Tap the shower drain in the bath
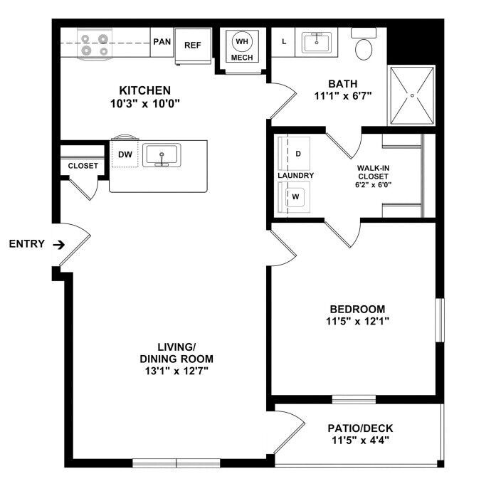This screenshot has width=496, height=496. tap(412, 95)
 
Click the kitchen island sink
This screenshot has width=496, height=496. tap(162, 155)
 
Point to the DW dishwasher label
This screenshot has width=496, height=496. tap(125, 154)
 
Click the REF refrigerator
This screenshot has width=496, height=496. tap(193, 46)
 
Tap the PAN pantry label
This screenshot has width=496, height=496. tap(162, 41)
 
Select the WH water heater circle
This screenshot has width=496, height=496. tap(242, 41)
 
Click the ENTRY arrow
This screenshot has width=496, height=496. tap(59, 245)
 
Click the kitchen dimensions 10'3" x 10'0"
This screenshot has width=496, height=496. tap(145, 103)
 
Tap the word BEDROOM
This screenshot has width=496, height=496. tap(357, 309)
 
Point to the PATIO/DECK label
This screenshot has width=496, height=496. tap(360, 428)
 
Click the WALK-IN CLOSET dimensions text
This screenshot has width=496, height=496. tap(374, 185)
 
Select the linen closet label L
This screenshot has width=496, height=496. tap(284, 41)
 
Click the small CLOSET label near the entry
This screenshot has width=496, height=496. tap(83, 166)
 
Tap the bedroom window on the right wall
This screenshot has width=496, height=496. tap(440, 320)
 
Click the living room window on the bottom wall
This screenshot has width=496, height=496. tap(176, 463)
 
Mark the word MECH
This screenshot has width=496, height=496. tap(242, 58)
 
